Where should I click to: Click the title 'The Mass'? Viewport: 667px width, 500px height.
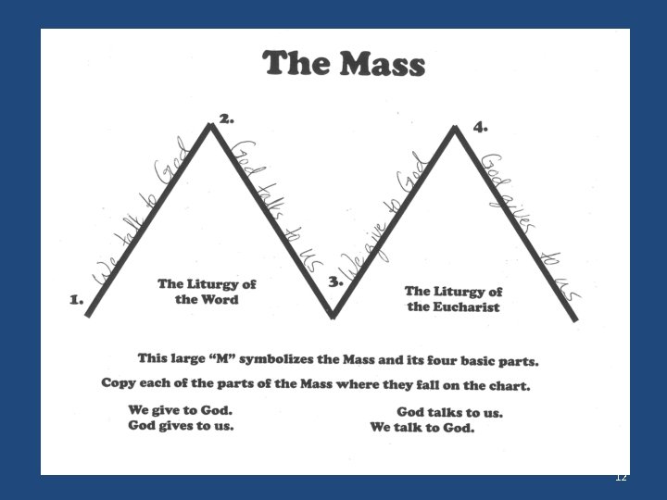tap(344, 65)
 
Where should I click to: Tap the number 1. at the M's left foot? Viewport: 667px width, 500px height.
tap(77, 300)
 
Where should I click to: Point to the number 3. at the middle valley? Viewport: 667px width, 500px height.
tap(335, 281)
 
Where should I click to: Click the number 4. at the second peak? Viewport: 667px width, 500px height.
tap(480, 127)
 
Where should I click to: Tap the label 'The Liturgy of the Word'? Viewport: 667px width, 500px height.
tap(207, 292)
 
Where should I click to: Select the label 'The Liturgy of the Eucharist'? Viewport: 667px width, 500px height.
tap(454, 299)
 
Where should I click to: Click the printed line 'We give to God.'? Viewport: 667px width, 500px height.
tap(181, 410)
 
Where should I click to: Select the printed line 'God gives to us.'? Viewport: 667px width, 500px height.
tap(181, 426)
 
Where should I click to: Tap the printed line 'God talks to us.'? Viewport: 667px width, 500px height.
tap(449, 412)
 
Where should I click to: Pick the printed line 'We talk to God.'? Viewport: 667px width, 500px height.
tap(422, 428)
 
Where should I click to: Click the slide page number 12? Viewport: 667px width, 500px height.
tap(621, 477)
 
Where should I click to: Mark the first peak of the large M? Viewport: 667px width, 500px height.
tap(212, 125)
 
